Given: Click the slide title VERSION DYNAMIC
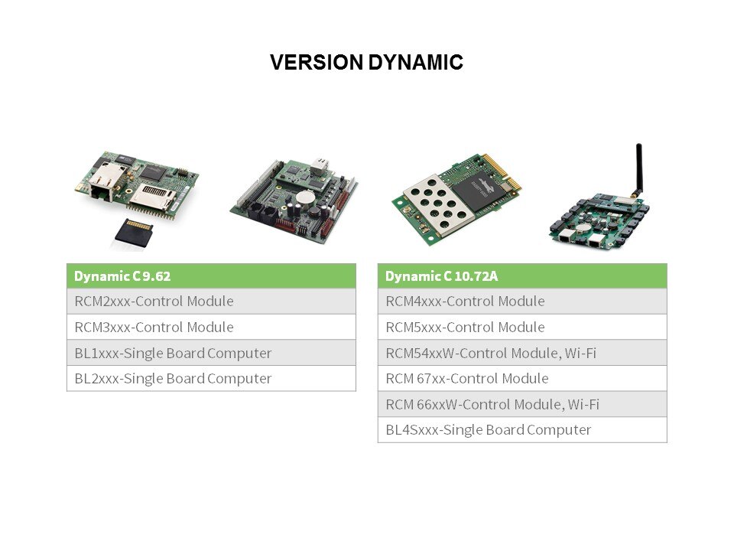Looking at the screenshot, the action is pos(366,62).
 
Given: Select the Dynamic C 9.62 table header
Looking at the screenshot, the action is pos(211,276).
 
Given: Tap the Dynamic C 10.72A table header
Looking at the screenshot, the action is pos(522,276).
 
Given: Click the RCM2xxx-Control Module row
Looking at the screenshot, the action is pos(211,302).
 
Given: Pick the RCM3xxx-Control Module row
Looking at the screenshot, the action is pos(211,327).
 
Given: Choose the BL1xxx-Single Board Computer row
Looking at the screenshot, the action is pos(211,353).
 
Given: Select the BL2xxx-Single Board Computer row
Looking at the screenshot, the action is pos(211,379).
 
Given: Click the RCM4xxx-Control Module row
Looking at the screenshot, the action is pos(522,302).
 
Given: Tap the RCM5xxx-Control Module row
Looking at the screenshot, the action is pos(522,327).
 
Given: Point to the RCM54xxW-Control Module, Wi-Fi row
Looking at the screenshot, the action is pos(522,353).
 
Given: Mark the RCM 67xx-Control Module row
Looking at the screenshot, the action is pos(522,379).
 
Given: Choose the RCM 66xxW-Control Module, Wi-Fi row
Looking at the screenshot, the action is pos(522,404).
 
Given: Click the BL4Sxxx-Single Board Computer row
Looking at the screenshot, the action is pos(522,430).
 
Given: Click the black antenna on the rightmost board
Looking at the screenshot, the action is pos(638,170).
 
